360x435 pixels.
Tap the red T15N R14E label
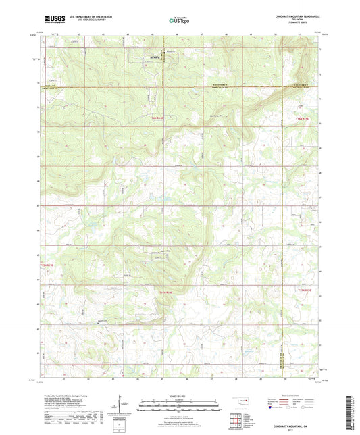pos(166,291)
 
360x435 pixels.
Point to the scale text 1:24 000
pos(179,395)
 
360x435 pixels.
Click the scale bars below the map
pos(179,405)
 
